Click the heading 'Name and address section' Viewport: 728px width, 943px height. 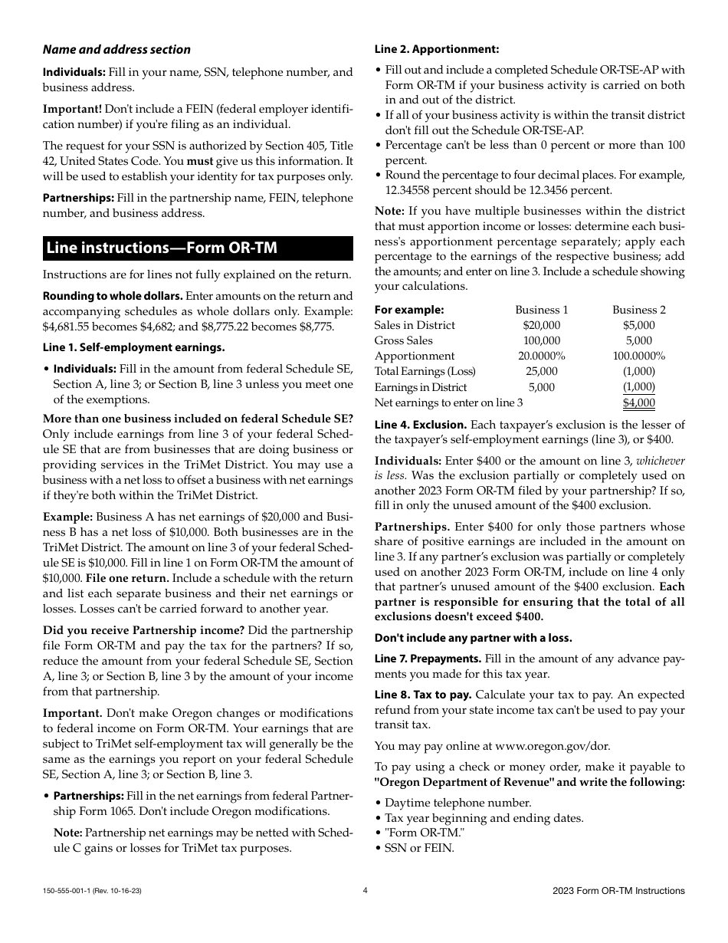pos(116,50)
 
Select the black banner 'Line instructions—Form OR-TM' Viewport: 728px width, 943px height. pos(198,248)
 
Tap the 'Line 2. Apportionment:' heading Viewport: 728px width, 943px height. pos(436,50)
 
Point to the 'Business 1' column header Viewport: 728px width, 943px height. pos(541,310)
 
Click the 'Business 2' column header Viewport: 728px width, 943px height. pos(638,310)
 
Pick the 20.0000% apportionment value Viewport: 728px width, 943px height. pos(541,356)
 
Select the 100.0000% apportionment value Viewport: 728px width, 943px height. pos(638,356)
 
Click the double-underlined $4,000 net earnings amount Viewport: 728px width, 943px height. pos(638,402)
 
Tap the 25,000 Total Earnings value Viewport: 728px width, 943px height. pos(541,371)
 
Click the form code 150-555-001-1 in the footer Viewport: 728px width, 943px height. pos(72,891)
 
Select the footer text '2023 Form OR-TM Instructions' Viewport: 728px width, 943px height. pos(618,891)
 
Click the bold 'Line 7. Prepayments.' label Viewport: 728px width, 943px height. pos(428,659)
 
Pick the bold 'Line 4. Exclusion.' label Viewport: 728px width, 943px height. pos(420,425)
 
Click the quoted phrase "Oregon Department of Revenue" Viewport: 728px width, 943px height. pos(464,782)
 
